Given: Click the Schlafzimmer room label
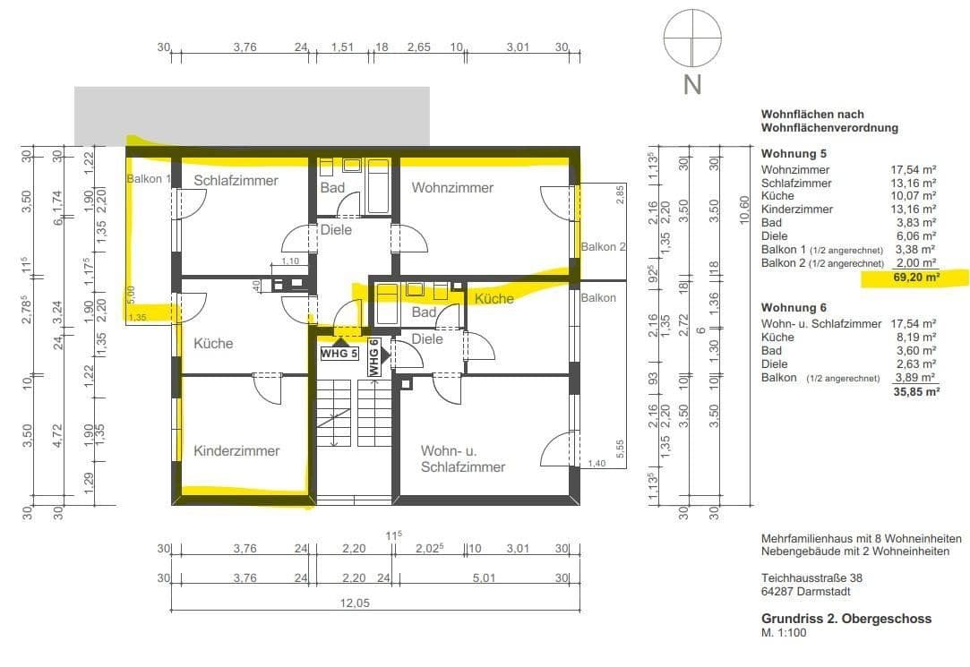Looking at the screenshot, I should point(236,180).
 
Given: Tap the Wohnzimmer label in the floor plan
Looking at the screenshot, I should point(452,187).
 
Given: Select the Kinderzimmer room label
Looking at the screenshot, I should point(236,450).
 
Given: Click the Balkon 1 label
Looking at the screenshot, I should point(148,179).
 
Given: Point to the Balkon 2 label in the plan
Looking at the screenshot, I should point(603,246).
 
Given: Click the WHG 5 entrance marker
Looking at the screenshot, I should point(339,353).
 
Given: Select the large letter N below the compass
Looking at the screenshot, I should point(691,85).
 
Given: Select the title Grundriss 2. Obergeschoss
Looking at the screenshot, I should point(846,619).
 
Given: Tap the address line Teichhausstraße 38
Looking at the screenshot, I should point(811,577).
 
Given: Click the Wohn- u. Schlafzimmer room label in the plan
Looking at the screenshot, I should point(462,457).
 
